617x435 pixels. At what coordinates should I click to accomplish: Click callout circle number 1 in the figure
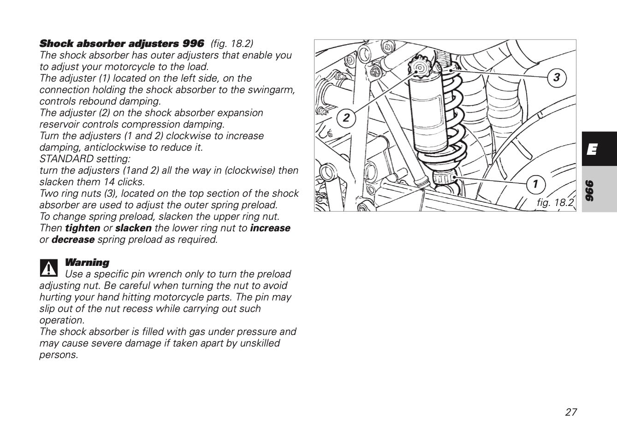click(x=535, y=184)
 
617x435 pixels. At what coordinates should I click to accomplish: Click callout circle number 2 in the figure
click(x=346, y=118)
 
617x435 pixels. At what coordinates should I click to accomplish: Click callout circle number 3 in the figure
click(x=557, y=77)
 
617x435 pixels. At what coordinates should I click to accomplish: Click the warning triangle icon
click(x=48, y=268)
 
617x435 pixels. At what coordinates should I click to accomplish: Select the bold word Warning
click(x=87, y=263)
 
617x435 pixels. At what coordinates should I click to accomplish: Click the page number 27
click(x=570, y=412)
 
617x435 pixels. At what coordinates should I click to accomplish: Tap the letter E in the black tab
click(x=593, y=149)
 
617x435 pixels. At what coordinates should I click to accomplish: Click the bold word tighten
click(x=82, y=228)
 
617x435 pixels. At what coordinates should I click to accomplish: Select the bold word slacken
click(x=133, y=228)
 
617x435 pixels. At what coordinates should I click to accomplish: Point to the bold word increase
click(x=270, y=228)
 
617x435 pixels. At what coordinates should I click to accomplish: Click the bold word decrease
click(x=73, y=240)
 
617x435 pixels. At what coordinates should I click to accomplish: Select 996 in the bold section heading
click(x=193, y=44)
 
